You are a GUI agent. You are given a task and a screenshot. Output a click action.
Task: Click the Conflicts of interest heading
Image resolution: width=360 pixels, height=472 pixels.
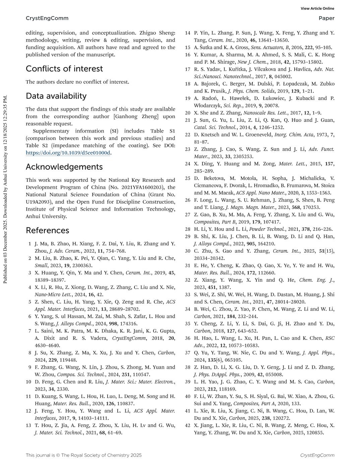[64, 69]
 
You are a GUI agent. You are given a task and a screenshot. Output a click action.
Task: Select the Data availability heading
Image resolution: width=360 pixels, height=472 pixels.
[56, 96]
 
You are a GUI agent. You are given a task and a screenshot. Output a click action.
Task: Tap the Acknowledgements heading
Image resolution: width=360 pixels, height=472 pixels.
[64, 167]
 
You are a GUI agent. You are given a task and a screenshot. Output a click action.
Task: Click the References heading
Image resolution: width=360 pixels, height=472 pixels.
[47, 230]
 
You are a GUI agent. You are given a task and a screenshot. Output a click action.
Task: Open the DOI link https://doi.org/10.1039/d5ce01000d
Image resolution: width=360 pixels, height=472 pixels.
[68, 153]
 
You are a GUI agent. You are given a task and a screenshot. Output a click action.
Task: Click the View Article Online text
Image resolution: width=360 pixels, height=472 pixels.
[317, 9]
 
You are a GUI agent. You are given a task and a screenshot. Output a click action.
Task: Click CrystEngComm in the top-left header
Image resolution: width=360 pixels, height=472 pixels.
[47, 18]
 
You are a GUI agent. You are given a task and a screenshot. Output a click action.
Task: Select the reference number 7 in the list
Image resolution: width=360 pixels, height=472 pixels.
[30, 331]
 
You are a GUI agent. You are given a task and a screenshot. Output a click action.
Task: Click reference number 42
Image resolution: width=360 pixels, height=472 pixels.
[187, 425]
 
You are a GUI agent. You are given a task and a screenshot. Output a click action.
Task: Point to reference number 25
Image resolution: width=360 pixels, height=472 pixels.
[187, 178]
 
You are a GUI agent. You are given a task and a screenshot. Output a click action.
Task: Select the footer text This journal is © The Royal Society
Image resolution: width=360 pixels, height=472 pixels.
[83, 455]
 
